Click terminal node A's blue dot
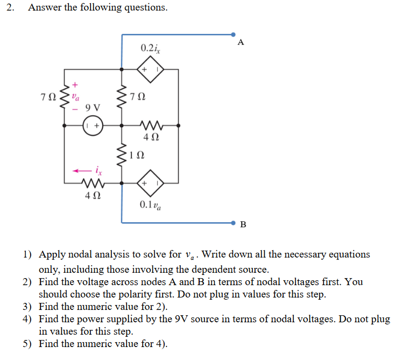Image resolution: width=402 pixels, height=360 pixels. click(233, 34)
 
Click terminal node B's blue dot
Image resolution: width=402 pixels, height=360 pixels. click(233, 222)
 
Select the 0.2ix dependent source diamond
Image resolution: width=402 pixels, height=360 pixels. click(151, 69)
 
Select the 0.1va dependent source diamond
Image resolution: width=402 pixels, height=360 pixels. click(151, 183)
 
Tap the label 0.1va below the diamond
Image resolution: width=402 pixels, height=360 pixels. click(149, 204)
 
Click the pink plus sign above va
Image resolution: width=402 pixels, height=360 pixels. click(75, 84)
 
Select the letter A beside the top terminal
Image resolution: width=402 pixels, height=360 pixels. click(240, 43)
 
